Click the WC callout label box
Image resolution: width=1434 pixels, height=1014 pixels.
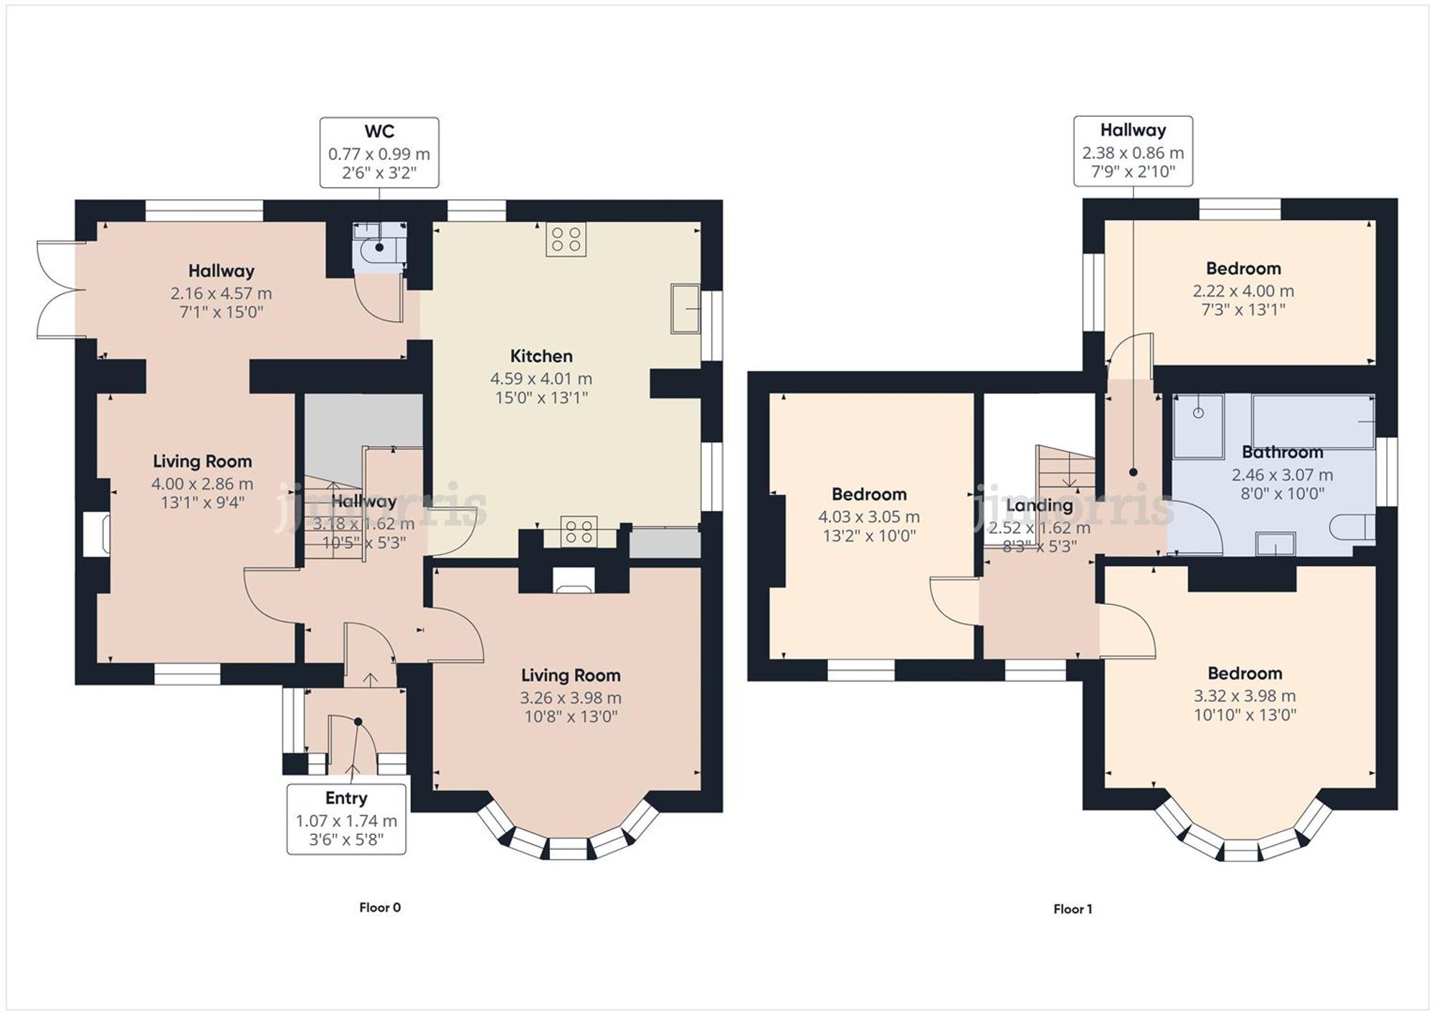pyautogui.click(x=379, y=153)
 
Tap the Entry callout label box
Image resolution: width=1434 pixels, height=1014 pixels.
pyautogui.click(x=346, y=819)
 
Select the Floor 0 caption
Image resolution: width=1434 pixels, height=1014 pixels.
pyautogui.click(x=380, y=907)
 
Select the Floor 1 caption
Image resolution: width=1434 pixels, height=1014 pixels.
pyautogui.click(x=1073, y=909)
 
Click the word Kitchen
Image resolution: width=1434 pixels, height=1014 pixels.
pyautogui.click(x=541, y=356)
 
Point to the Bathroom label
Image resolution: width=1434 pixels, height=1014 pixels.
pyautogui.click(x=1282, y=452)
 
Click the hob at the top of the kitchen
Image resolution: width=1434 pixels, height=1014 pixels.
pyautogui.click(x=566, y=239)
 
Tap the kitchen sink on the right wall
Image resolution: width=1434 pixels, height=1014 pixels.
pyautogui.click(x=685, y=309)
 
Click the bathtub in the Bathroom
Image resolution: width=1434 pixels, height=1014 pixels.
pyautogui.click(x=1312, y=421)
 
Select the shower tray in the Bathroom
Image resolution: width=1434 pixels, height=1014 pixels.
pyautogui.click(x=1198, y=426)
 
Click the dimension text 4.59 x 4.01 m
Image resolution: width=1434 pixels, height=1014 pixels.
pyautogui.click(x=541, y=378)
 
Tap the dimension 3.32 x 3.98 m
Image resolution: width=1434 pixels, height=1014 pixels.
pyautogui.click(x=1244, y=696)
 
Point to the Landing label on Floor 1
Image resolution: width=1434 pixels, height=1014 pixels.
pyautogui.click(x=1039, y=505)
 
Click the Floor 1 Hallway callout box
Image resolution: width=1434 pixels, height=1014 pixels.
pyautogui.click(x=1132, y=151)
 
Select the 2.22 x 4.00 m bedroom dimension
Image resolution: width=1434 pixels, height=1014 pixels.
pyautogui.click(x=1243, y=291)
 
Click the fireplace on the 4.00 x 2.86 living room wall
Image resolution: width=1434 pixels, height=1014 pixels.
pyautogui.click(x=95, y=533)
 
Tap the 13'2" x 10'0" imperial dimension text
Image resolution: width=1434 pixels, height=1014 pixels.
pyautogui.click(x=868, y=535)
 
